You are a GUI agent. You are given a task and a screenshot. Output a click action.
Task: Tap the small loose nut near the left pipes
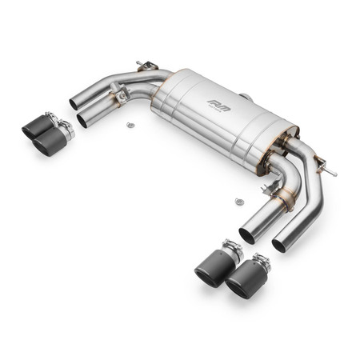(129, 125)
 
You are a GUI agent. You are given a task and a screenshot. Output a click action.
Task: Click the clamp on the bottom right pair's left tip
(230, 250)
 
